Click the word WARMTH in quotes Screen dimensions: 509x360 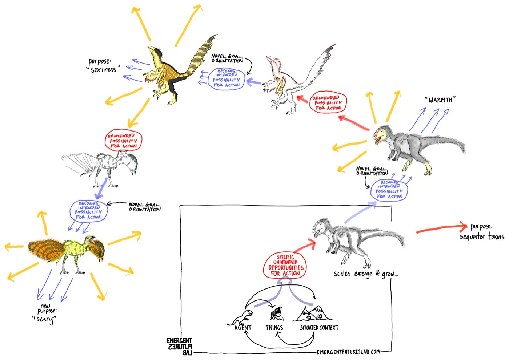(x=440, y=100)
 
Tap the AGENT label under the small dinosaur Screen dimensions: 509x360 (x=243, y=328)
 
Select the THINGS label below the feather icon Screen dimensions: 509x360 (x=274, y=328)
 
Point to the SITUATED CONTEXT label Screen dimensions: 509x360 (x=319, y=328)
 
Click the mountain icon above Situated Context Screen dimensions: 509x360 (x=313, y=314)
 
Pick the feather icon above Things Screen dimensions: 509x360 (x=276, y=314)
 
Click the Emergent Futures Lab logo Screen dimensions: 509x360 (x=179, y=346)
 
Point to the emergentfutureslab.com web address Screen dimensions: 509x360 (x=348, y=352)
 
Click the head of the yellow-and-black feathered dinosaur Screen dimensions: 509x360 (x=154, y=51)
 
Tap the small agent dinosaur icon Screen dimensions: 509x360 (x=241, y=317)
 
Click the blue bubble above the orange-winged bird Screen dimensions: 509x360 (x=88, y=211)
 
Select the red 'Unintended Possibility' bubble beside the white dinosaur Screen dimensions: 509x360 (x=328, y=103)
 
